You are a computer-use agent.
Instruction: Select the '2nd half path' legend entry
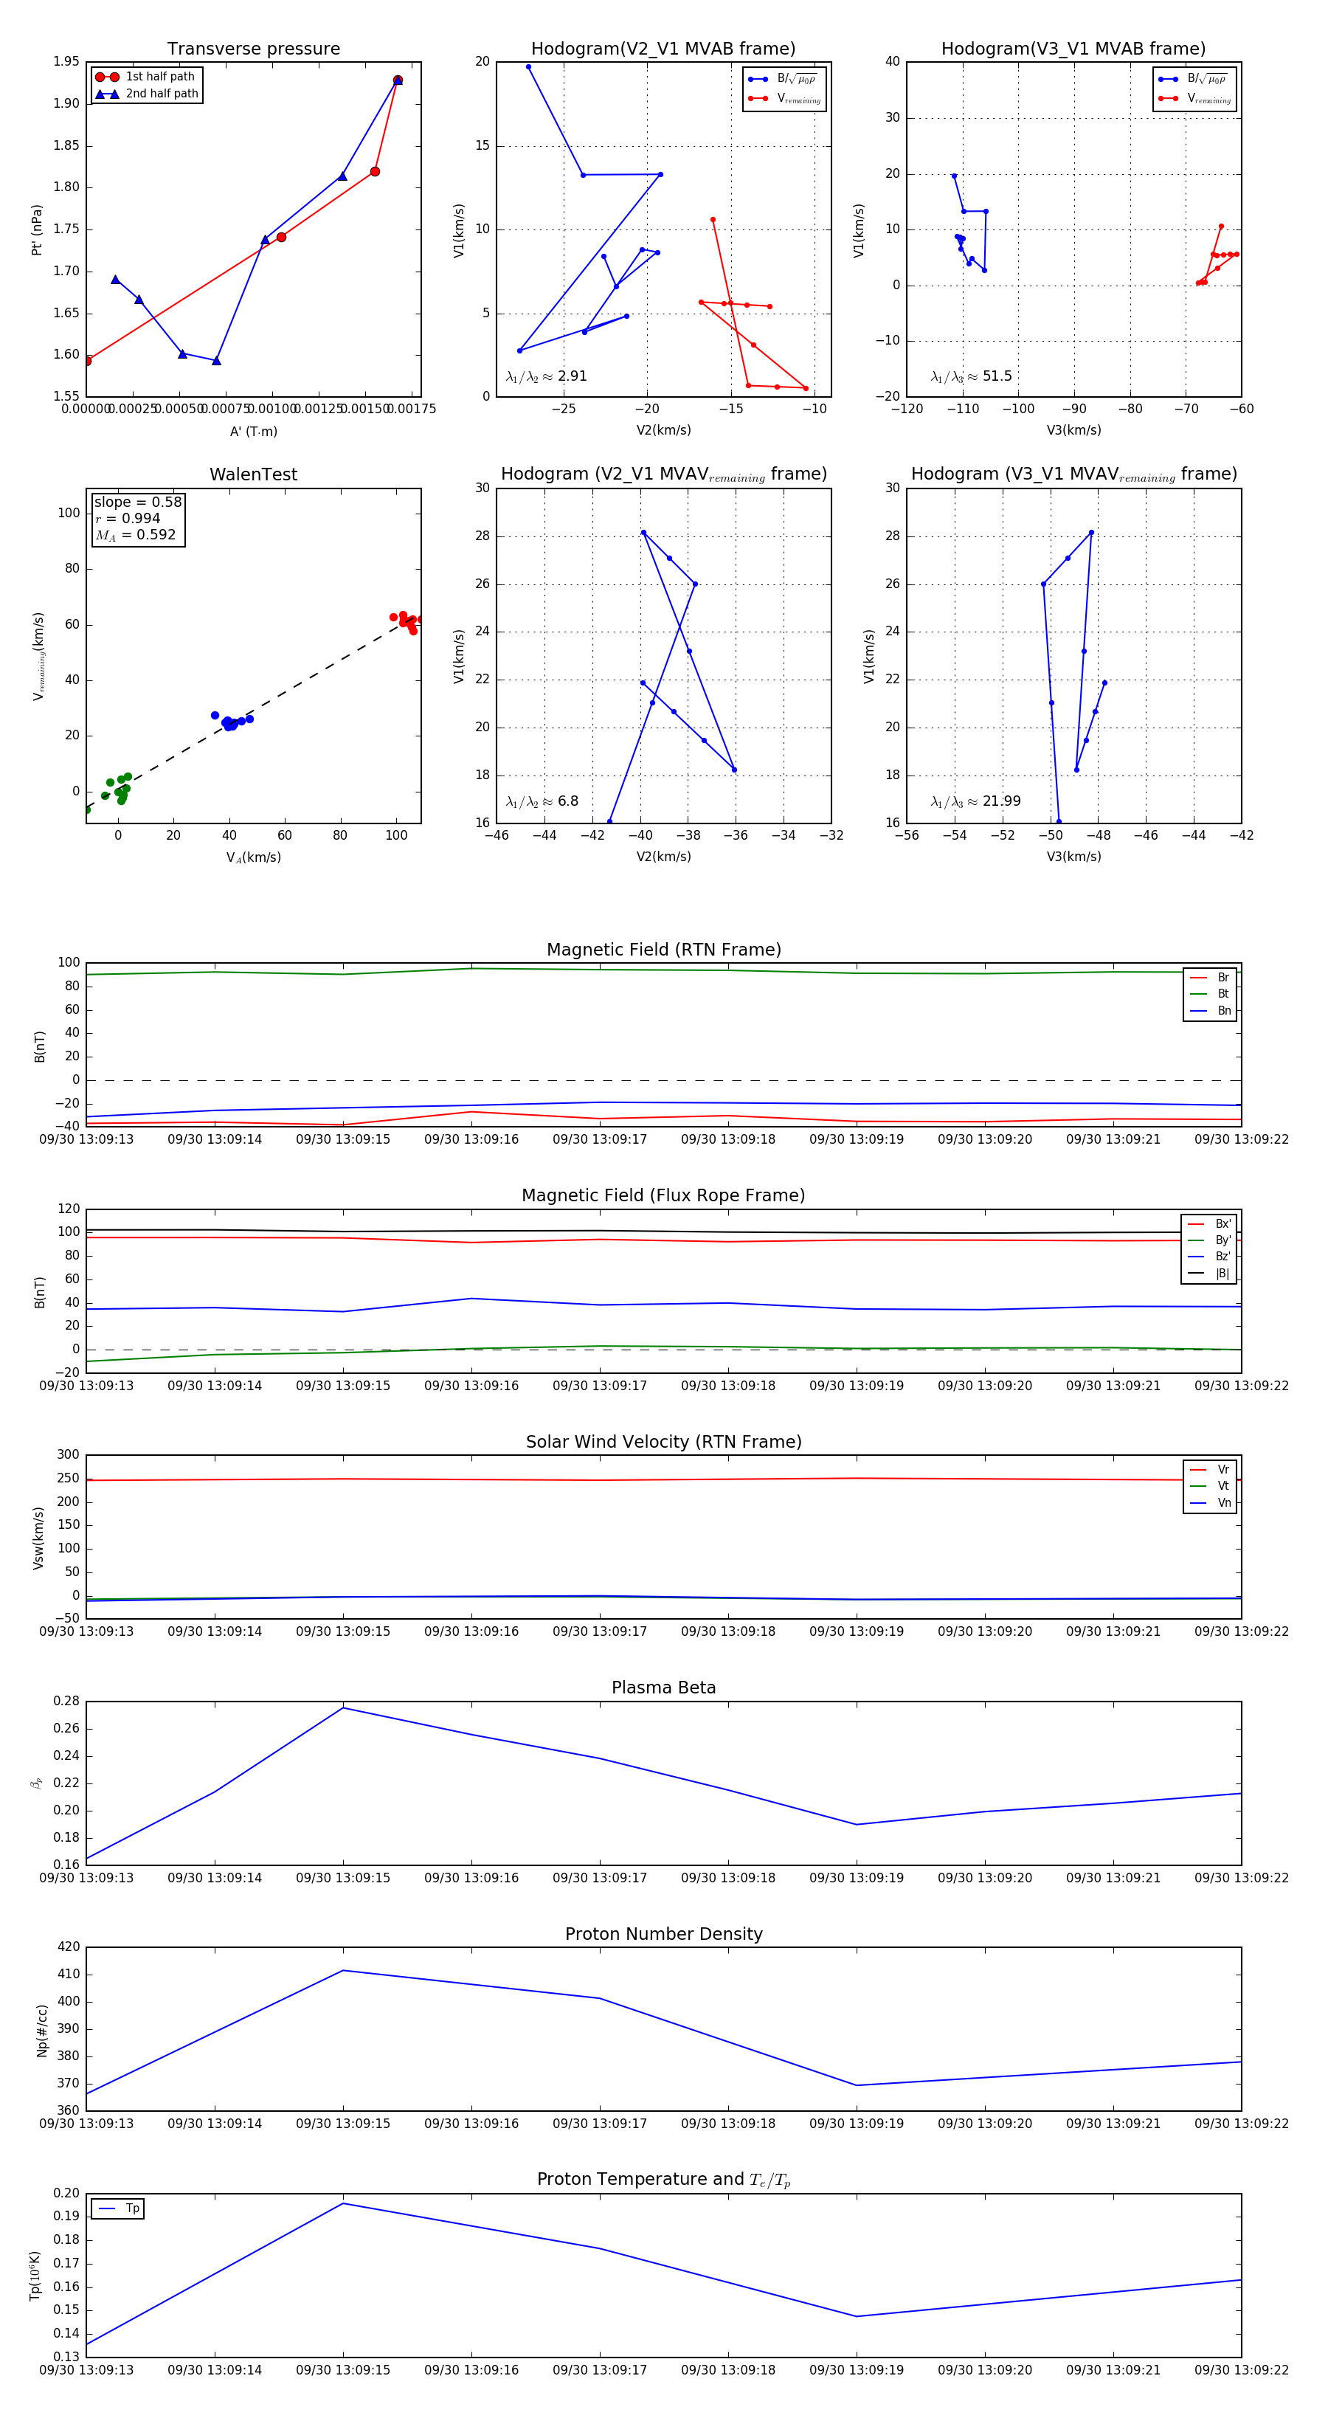(x=162, y=94)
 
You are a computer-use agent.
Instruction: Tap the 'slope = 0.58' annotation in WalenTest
(x=138, y=502)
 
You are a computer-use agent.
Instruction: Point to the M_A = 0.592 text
(x=135, y=535)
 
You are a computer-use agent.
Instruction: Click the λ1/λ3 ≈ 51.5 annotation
(x=971, y=376)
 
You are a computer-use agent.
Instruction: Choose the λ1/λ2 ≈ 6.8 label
(x=542, y=801)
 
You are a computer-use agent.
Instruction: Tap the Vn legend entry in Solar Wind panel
(x=1223, y=1502)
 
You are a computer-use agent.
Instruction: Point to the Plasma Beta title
(x=663, y=1688)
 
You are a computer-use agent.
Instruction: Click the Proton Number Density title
(x=663, y=1933)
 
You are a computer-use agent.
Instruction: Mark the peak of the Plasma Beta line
(x=343, y=1707)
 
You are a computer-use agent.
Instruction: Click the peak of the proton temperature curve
(x=343, y=2203)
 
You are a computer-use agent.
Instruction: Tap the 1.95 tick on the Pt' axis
(x=66, y=61)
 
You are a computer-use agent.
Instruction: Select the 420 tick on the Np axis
(x=69, y=1947)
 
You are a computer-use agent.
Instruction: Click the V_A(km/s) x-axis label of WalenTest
(x=253, y=857)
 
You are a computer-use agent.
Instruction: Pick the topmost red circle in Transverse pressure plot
(x=398, y=80)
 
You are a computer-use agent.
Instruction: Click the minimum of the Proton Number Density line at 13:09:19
(x=857, y=2085)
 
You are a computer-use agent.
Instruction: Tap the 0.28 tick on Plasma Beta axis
(x=66, y=1701)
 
